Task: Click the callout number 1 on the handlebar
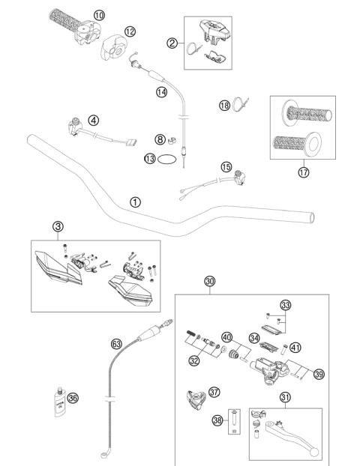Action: (x=135, y=202)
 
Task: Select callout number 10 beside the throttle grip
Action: (x=100, y=14)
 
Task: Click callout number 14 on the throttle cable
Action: (x=161, y=92)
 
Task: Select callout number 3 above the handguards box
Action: (x=58, y=226)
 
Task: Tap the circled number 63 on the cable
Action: (x=116, y=343)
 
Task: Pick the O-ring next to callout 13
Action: (x=172, y=159)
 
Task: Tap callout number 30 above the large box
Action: (x=209, y=282)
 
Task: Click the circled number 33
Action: (x=306, y=305)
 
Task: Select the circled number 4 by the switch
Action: (x=93, y=120)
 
